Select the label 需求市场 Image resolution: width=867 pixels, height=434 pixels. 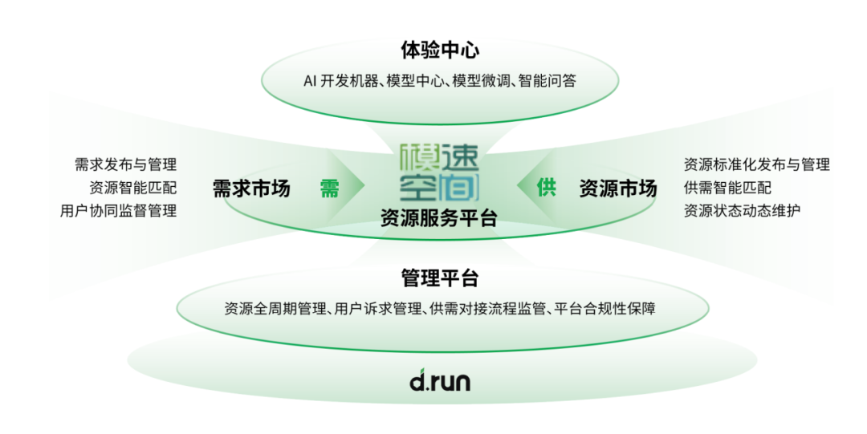click(251, 189)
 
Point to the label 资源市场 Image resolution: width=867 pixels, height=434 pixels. click(617, 189)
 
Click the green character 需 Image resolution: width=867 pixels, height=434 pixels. click(330, 189)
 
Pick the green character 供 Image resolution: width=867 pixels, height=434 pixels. click(547, 189)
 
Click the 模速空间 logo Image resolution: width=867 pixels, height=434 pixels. click(439, 172)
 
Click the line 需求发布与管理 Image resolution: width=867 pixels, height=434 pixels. click(125, 165)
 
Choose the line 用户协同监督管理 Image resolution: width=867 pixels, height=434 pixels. click(118, 211)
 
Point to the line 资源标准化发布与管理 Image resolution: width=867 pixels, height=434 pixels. click(756, 165)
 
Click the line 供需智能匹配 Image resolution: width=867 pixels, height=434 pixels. click(727, 188)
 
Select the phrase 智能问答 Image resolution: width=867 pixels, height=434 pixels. click(547, 81)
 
